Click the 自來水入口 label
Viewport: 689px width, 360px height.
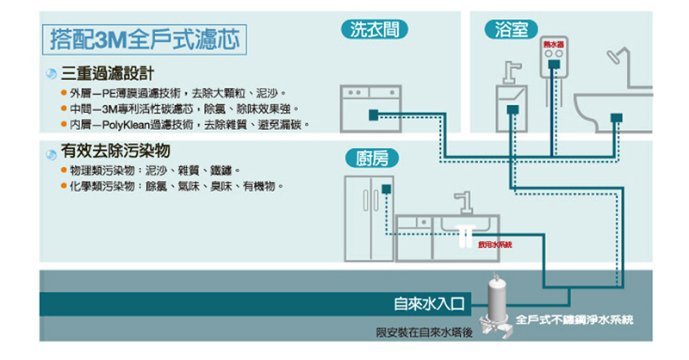429,304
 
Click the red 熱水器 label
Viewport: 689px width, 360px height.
553,43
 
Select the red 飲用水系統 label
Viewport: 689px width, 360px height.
493,245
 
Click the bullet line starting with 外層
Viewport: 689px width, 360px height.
177,92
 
